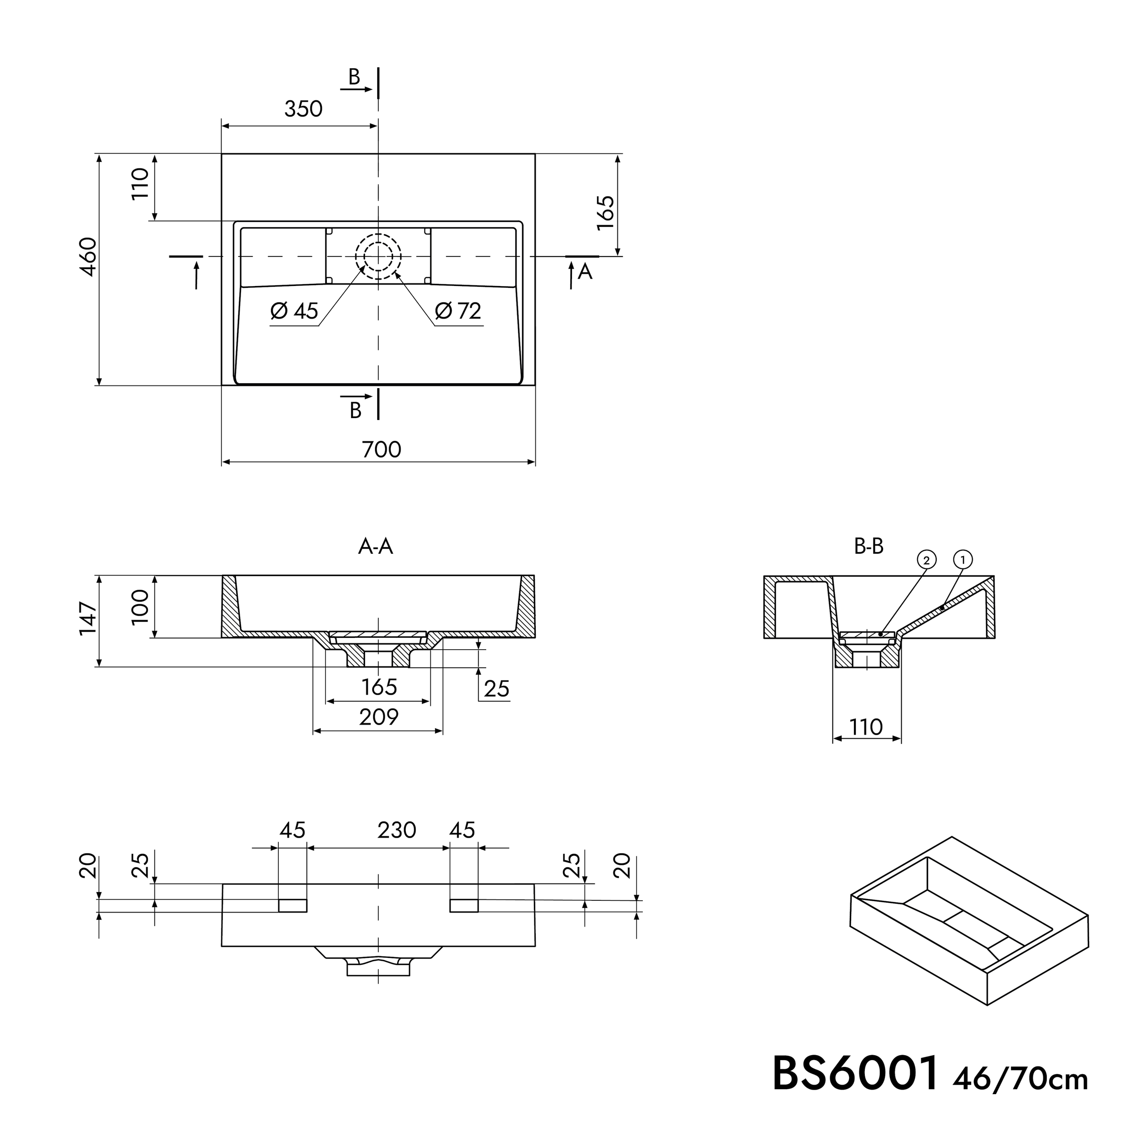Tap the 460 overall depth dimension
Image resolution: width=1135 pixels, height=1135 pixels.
click(88, 257)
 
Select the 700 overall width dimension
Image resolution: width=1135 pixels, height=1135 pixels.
click(381, 449)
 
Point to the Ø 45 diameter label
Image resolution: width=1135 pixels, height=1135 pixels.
click(294, 311)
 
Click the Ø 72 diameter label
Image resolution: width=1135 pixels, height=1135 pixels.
click(458, 311)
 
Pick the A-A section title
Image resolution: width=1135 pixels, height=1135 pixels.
click(375, 547)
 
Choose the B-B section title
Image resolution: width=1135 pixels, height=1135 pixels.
click(869, 547)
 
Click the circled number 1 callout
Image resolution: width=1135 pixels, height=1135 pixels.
click(963, 560)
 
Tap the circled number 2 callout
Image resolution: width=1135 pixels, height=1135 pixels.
click(927, 560)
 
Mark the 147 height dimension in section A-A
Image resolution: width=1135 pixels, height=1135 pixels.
click(88, 617)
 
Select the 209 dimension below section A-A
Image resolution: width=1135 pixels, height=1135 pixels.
click(379, 717)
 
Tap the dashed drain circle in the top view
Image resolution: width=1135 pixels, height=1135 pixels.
click(378, 257)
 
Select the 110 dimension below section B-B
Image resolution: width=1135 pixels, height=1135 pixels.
click(866, 727)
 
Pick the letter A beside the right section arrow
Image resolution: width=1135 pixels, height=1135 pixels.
click(585, 271)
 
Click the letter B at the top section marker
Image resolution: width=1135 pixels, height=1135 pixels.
click(354, 77)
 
